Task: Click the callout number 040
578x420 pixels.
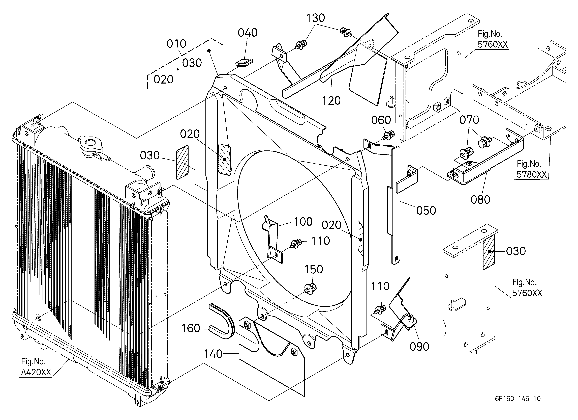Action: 248,33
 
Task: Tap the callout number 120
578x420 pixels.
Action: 331,101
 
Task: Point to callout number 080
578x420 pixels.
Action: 480,200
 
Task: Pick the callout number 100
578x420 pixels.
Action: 303,222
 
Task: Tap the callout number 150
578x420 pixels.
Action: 314,269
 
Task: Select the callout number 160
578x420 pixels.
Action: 191,328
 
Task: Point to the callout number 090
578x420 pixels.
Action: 419,347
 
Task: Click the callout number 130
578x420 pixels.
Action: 316,18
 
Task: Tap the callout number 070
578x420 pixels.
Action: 469,120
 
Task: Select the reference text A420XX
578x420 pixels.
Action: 36,373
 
